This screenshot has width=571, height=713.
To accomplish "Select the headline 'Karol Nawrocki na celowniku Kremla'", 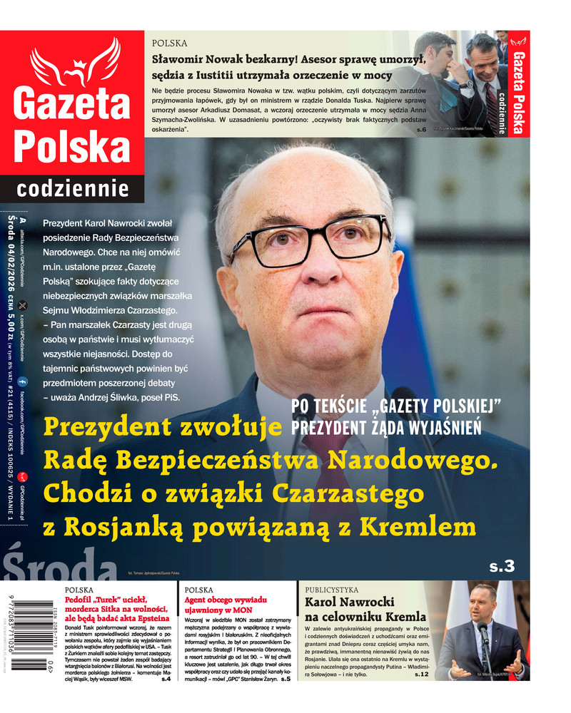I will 365,610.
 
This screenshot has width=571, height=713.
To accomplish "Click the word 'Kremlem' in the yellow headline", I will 426,526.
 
